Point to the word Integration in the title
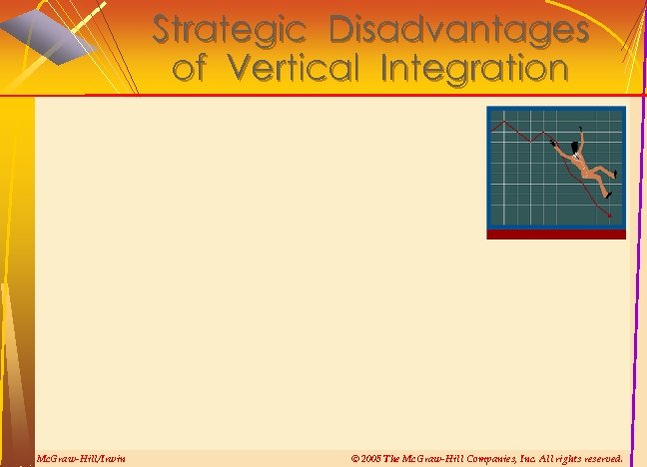click(x=465, y=68)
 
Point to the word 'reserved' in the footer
click(x=600, y=458)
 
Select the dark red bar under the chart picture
click(x=556, y=234)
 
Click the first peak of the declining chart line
click(x=509, y=123)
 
